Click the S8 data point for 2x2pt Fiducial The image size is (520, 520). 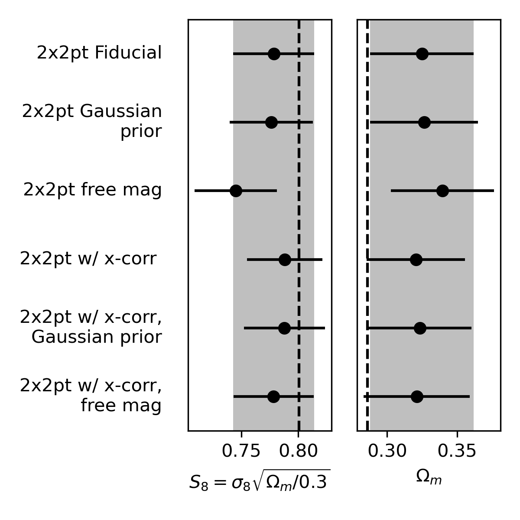(274, 54)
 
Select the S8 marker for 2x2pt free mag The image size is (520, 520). (236, 191)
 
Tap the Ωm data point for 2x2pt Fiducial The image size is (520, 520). (422, 54)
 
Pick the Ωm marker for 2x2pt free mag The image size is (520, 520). (442, 191)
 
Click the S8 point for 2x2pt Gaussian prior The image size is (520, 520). (271, 122)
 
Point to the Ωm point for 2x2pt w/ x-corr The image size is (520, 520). (416, 260)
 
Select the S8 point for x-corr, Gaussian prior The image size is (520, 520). (284, 328)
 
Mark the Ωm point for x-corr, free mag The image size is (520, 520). (417, 396)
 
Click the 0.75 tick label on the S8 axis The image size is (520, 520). (241, 452)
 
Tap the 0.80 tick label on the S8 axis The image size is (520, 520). (299, 452)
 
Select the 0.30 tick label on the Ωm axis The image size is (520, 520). (387, 452)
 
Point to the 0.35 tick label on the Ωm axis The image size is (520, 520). (457, 452)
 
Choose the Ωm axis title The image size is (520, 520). (429, 478)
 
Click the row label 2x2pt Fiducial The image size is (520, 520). (99, 53)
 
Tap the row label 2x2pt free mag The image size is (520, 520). (92, 190)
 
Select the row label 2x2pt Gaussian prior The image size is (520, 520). (92, 121)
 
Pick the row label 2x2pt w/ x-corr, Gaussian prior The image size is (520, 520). (91, 327)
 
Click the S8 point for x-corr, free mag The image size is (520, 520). (273, 396)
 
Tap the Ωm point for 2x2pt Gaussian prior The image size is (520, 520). (424, 122)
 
